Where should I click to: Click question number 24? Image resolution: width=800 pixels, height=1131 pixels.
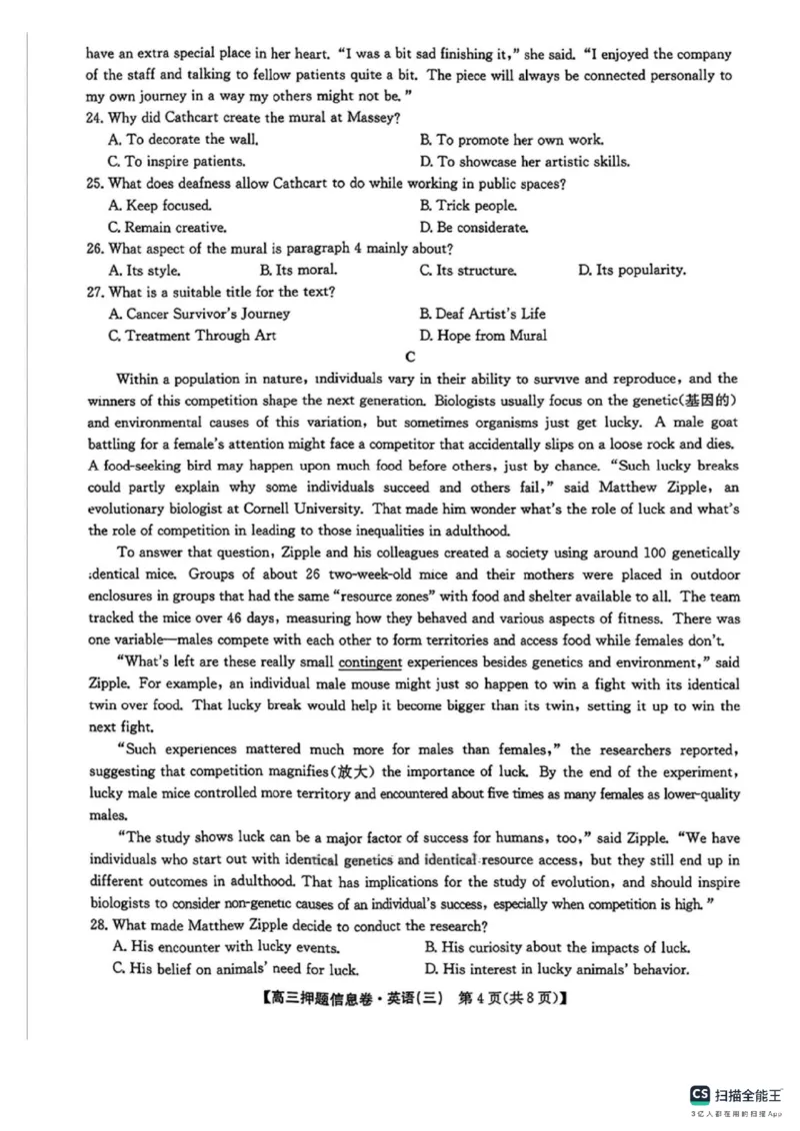[x=96, y=119]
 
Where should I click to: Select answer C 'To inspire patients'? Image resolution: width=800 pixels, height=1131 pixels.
[x=177, y=162]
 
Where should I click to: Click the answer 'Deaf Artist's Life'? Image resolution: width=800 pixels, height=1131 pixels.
[x=483, y=314]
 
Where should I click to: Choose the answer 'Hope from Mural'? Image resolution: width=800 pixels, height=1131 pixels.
[x=483, y=336]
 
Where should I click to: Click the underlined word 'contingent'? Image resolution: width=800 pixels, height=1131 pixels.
[x=371, y=662]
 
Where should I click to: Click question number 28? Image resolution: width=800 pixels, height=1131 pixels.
[x=96, y=925]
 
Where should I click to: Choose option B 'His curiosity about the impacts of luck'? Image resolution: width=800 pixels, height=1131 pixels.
[x=557, y=947]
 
